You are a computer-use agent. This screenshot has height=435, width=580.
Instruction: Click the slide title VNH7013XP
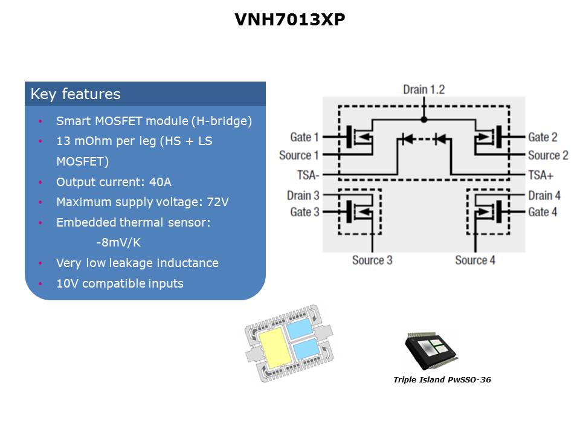(x=290, y=20)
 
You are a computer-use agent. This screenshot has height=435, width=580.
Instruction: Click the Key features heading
(x=76, y=94)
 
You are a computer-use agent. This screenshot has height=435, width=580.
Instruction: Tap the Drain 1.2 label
(x=424, y=89)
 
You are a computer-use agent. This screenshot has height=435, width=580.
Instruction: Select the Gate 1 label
(x=304, y=137)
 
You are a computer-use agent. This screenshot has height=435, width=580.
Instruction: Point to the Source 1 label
(x=299, y=155)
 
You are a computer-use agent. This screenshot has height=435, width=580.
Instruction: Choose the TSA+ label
(x=540, y=175)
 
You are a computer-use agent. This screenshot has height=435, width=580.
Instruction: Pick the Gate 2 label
(x=543, y=137)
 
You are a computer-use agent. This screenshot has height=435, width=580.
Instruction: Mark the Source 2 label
(x=548, y=155)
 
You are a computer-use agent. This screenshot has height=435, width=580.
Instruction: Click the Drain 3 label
(x=303, y=195)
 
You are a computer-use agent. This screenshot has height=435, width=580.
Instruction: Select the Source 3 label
(x=372, y=260)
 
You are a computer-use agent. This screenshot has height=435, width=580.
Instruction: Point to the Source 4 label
(x=475, y=260)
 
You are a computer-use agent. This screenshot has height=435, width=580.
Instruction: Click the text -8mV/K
(x=119, y=243)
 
